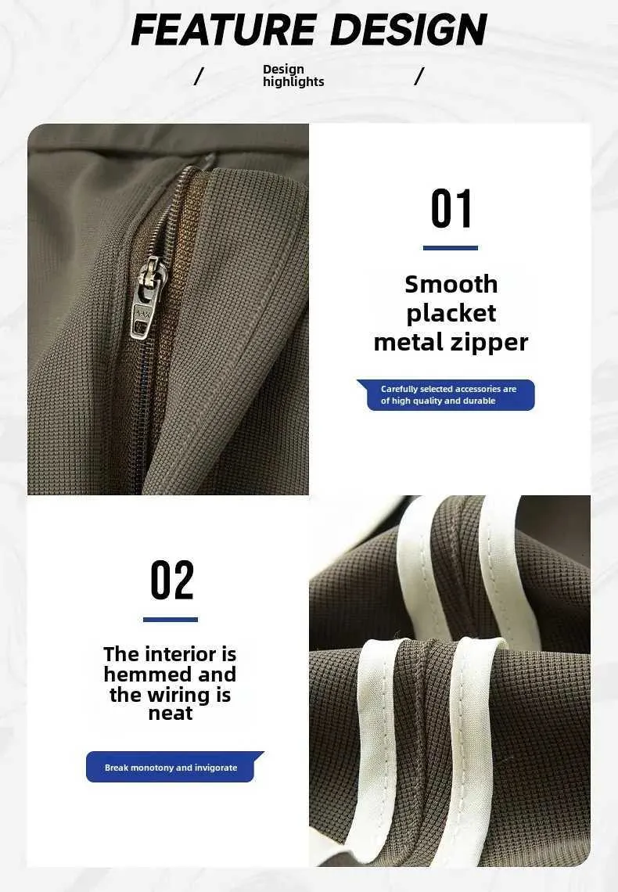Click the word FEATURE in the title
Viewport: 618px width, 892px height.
(x=224, y=30)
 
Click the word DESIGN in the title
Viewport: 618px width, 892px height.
(x=409, y=30)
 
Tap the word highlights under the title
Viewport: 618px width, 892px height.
(x=293, y=82)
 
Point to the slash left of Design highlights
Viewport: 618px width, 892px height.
(x=199, y=76)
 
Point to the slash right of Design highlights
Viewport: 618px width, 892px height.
(x=419, y=76)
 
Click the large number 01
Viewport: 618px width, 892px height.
(x=451, y=209)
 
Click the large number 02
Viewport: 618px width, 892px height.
(x=171, y=581)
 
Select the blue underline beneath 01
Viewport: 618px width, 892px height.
(x=451, y=248)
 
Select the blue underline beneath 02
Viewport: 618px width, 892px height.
(x=171, y=620)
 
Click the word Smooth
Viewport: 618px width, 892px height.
(x=451, y=285)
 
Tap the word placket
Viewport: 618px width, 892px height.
(x=451, y=314)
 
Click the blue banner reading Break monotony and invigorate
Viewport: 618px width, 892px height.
(x=174, y=767)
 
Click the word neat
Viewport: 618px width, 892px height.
(x=171, y=714)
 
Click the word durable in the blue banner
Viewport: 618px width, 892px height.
(x=479, y=401)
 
